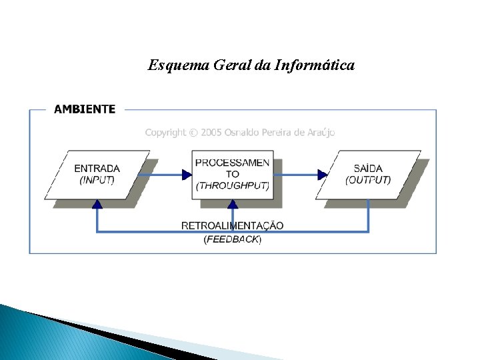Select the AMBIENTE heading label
(x=84, y=109)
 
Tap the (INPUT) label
(x=97, y=180)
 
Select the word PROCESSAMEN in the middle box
(x=232, y=163)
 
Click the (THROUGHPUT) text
(x=232, y=186)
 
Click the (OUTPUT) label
(x=368, y=180)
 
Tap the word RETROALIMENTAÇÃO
(x=232, y=225)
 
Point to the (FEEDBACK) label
(x=232, y=239)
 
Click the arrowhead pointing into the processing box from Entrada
(x=187, y=175)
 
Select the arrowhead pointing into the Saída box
(x=323, y=175)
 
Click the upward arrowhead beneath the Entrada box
(x=97, y=205)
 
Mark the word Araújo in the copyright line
(x=321, y=133)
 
